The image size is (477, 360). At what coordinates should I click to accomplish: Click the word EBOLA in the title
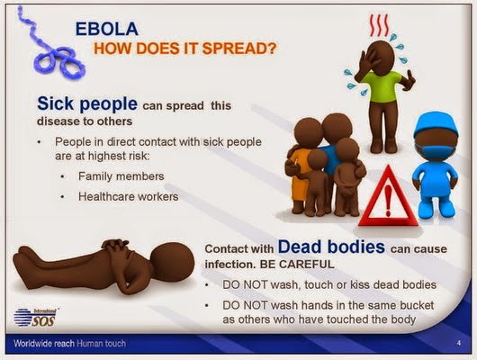(107, 29)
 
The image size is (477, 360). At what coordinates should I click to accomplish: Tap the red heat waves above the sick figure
(380, 26)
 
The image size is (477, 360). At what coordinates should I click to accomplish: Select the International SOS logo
(36, 317)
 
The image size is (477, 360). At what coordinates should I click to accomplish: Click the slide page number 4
(458, 343)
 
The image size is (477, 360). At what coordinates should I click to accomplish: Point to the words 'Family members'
(121, 176)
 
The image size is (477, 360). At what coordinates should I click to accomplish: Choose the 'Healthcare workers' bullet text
(129, 196)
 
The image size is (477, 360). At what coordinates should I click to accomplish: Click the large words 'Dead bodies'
(331, 247)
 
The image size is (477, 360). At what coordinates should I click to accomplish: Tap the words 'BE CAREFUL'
(297, 264)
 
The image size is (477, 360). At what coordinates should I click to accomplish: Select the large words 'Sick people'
(87, 103)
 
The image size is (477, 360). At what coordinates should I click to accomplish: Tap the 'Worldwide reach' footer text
(44, 344)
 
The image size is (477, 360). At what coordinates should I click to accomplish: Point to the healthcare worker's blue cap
(436, 125)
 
